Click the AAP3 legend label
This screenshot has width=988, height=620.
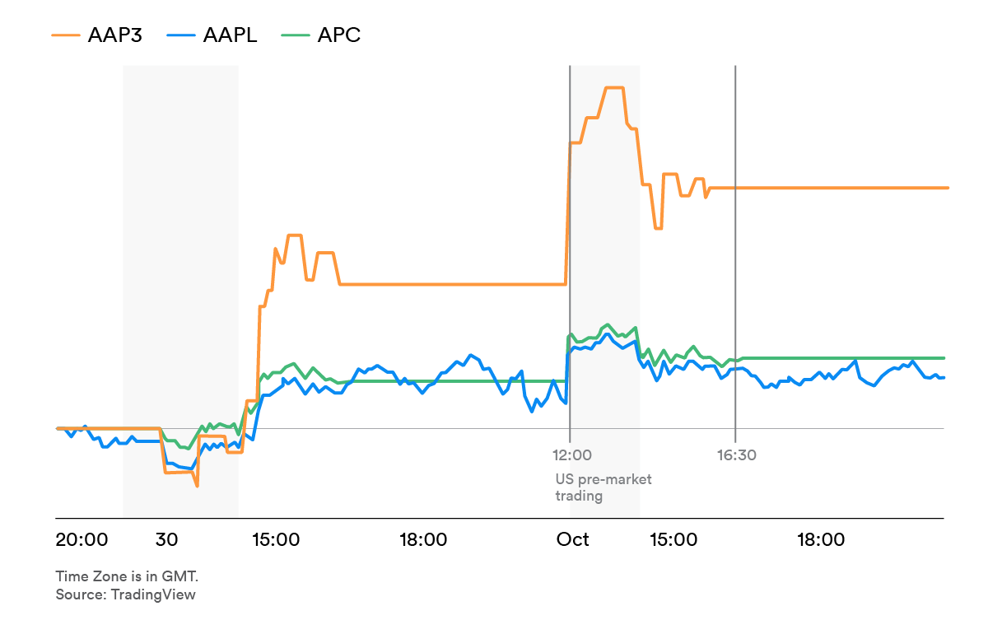(x=115, y=35)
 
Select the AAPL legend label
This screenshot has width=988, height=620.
(x=230, y=35)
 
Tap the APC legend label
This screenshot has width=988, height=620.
(x=338, y=35)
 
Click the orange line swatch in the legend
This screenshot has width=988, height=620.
(x=66, y=35)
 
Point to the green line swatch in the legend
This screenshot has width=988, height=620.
(x=296, y=35)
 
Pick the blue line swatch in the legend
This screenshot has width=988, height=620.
(x=181, y=35)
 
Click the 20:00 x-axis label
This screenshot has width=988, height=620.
(x=82, y=539)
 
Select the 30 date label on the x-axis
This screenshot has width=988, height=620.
(x=166, y=539)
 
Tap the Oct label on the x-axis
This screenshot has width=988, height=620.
(x=572, y=539)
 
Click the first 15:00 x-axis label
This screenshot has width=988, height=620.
(x=276, y=539)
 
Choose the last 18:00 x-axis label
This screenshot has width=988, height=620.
(x=821, y=539)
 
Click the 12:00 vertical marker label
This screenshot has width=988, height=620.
(x=572, y=455)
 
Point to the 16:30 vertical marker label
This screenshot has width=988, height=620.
(x=737, y=455)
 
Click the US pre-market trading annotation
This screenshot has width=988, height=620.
(x=603, y=487)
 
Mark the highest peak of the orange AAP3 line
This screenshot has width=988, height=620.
(x=614, y=88)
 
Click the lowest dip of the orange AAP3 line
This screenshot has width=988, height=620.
(x=197, y=486)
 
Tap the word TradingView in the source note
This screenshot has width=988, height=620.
(x=153, y=594)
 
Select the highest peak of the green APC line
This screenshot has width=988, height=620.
(x=608, y=324)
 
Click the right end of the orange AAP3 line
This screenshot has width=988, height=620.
(x=948, y=188)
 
